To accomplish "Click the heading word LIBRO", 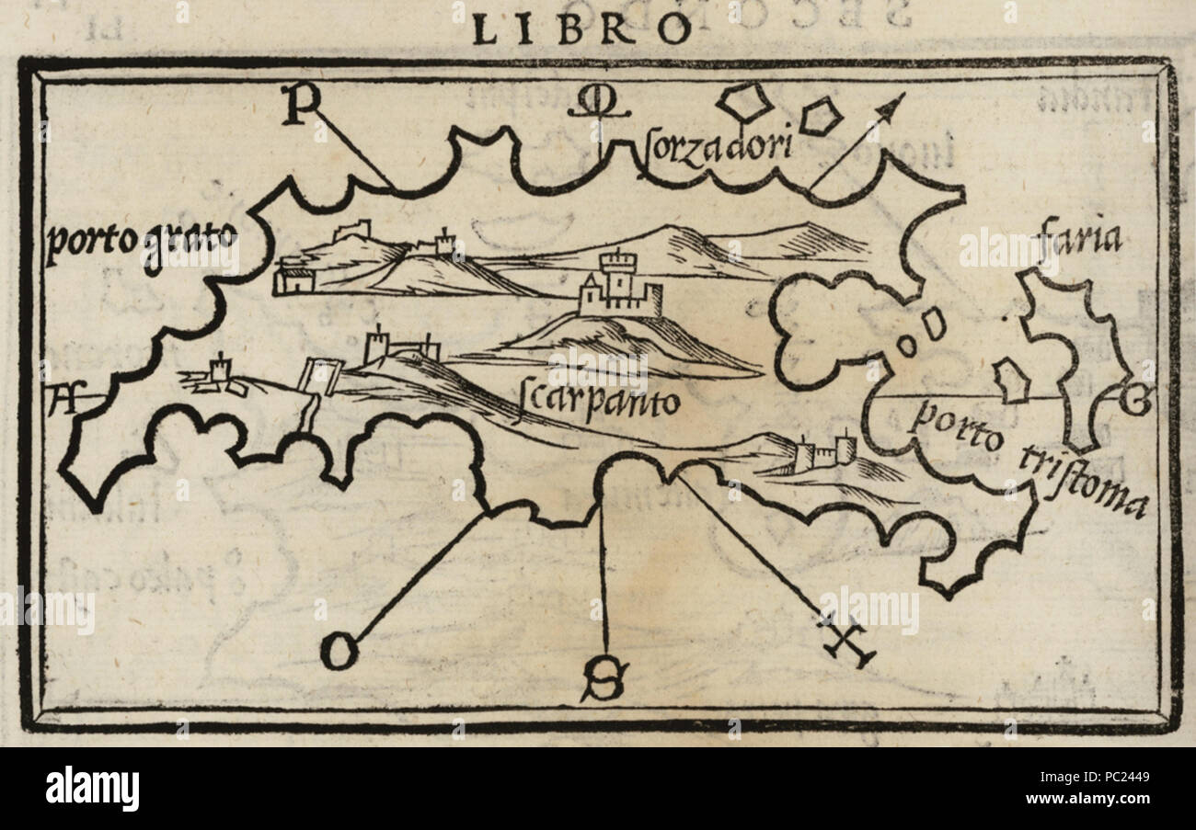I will click(581, 30).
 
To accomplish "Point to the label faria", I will click(1077, 238).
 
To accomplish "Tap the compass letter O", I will click(338, 653).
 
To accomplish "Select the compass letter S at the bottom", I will click(603, 682).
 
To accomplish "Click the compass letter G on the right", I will click(1134, 401).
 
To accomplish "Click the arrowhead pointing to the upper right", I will click(890, 107).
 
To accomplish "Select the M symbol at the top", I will click(598, 107).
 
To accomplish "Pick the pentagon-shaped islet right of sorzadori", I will click(820, 116).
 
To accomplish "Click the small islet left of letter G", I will click(1011, 381).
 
